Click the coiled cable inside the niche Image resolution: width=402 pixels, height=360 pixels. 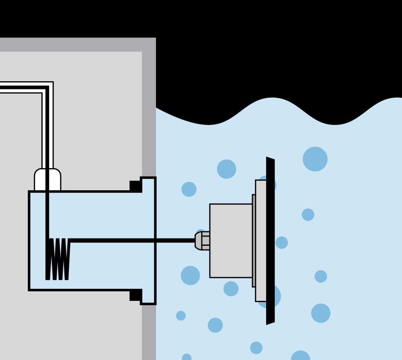point(58,259)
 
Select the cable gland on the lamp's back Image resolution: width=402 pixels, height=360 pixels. point(202,241)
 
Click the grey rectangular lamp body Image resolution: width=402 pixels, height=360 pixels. point(231,241)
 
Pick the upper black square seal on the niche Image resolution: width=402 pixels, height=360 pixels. point(135,186)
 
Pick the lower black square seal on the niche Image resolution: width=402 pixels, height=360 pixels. point(135,295)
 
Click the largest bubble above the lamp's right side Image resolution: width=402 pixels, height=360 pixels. point(315,159)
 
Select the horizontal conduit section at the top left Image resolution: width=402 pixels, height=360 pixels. point(20,87)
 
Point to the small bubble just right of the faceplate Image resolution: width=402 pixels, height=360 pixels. point(282,243)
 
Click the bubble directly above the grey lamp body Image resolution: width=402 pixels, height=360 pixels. point(227,169)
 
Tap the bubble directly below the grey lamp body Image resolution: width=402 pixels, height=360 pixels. point(231,289)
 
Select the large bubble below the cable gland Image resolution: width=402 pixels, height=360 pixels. point(190,276)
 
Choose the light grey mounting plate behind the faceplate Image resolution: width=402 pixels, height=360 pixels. point(260,241)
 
